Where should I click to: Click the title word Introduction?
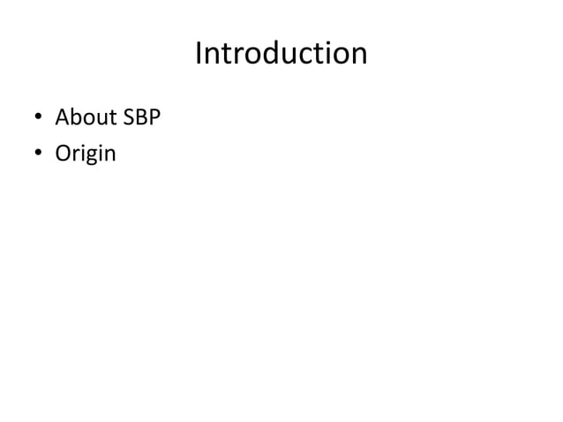click(281, 55)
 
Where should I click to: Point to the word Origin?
click(86, 154)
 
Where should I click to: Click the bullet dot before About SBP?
click(39, 119)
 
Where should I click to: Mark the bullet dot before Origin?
click(39, 155)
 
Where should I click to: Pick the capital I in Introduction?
click(199, 55)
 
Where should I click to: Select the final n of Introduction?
click(358, 56)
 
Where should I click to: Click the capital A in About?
click(63, 117)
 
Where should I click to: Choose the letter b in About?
click(75, 117)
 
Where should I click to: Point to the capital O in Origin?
click(64, 154)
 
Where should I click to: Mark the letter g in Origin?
click(90, 156)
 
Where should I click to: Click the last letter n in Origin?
click(110, 154)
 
